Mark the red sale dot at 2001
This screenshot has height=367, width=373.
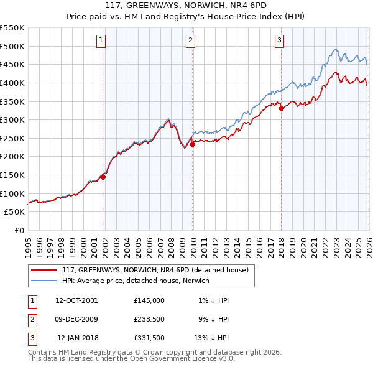(x=103, y=177)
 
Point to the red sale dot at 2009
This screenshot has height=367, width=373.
(x=193, y=144)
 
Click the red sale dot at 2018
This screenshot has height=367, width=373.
(x=282, y=108)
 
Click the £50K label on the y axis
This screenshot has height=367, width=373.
(x=15, y=212)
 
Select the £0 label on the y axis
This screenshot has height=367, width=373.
(x=19, y=231)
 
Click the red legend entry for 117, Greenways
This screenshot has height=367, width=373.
(x=155, y=270)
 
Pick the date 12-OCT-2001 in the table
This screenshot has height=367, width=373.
(x=76, y=300)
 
